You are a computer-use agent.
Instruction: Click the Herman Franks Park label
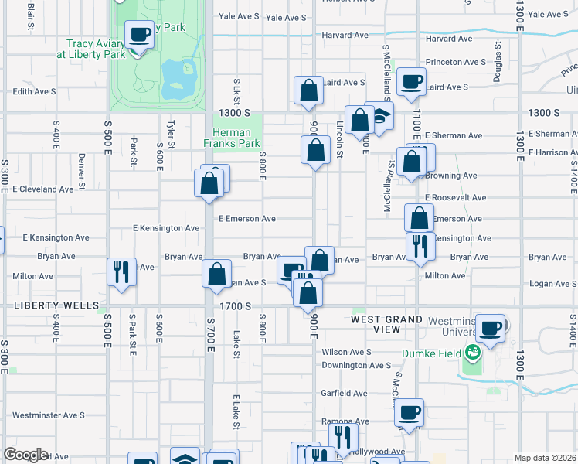click(231, 138)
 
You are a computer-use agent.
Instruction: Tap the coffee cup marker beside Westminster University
click(490, 329)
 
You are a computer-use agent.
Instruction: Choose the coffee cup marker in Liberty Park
click(139, 35)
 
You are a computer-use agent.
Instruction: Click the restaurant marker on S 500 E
click(121, 272)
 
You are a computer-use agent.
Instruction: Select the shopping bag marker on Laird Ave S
click(308, 91)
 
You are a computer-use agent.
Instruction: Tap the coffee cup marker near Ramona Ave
click(410, 413)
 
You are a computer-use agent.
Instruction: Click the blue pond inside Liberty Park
click(179, 77)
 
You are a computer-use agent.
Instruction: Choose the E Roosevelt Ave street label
click(455, 197)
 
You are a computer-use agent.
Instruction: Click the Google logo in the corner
click(25, 455)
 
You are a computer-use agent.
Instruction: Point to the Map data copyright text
click(545, 458)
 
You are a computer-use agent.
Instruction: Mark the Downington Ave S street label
click(356, 365)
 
